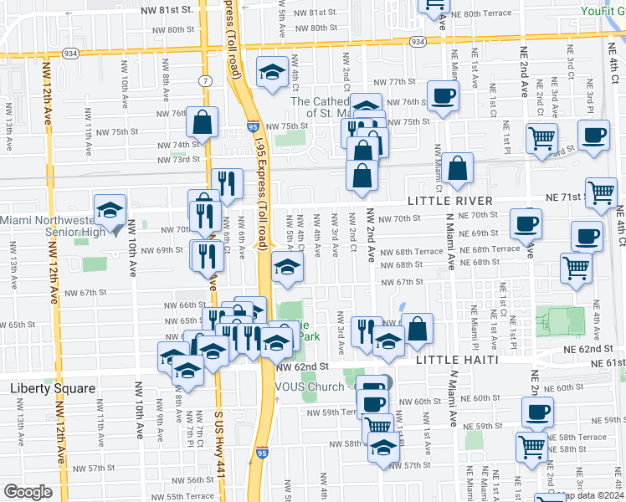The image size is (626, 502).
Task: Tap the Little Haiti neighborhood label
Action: tap(459, 359)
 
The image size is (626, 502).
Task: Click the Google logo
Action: tap(28, 491)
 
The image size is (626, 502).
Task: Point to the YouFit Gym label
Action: tap(603, 11)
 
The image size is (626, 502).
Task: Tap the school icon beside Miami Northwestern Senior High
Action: tap(110, 212)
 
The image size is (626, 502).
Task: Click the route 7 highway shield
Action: tap(205, 79)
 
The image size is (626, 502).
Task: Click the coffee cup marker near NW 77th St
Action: tap(443, 95)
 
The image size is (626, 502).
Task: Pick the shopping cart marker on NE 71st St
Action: tap(601, 192)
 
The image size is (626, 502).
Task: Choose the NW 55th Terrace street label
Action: tap(188, 495)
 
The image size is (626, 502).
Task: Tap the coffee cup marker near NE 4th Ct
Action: tap(594, 135)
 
